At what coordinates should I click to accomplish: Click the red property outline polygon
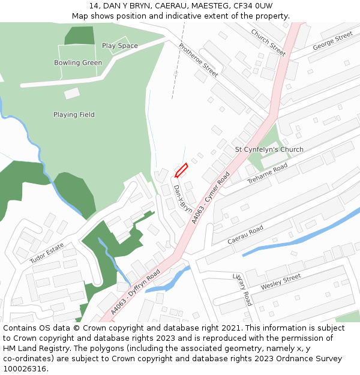181,170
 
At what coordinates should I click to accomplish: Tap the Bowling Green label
78,63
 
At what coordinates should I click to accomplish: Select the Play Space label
120,46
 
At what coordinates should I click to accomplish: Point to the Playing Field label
74,115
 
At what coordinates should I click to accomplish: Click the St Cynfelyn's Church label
269,149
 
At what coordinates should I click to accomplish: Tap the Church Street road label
268,42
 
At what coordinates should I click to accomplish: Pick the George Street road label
332,41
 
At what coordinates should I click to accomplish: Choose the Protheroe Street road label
199,60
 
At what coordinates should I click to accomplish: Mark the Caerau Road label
245,235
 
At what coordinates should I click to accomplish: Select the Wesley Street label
281,282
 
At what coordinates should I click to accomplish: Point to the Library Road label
243,289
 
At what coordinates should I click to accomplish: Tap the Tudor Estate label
47,253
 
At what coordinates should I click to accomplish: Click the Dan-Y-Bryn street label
183,199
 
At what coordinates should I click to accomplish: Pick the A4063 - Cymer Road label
211,199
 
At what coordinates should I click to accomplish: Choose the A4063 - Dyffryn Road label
136,292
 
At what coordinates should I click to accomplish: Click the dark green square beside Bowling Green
80,35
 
